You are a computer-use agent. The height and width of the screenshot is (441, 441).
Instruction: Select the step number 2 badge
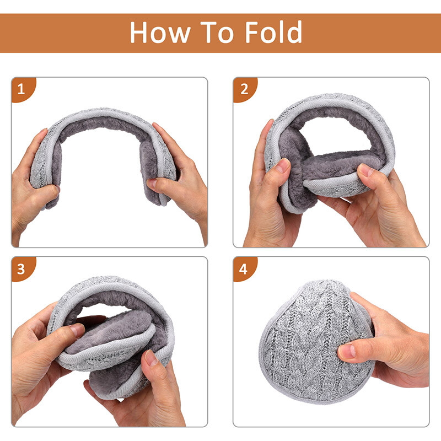pyautogui.click(x=244, y=88)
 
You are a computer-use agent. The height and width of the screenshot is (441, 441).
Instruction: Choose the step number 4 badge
pyautogui.click(x=244, y=268)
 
